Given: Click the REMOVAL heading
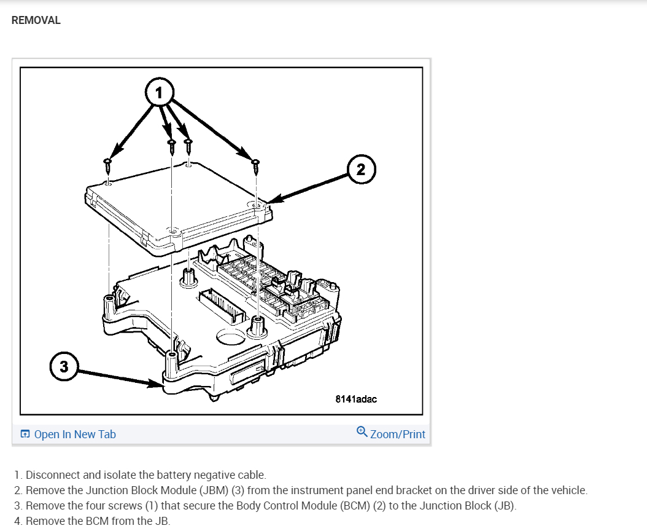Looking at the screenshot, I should click(36, 20).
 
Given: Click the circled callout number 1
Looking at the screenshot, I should click(160, 93).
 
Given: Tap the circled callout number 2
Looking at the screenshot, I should click(360, 169).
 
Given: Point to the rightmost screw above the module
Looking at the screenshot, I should click(255, 164).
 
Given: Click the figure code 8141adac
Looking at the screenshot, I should click(356, 399).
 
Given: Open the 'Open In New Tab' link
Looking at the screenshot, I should click(74, 435).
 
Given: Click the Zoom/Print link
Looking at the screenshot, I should click(397, 435).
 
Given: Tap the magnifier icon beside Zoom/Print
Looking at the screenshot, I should click(362, 432).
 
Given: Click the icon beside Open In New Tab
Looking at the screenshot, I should click(25, 435).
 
